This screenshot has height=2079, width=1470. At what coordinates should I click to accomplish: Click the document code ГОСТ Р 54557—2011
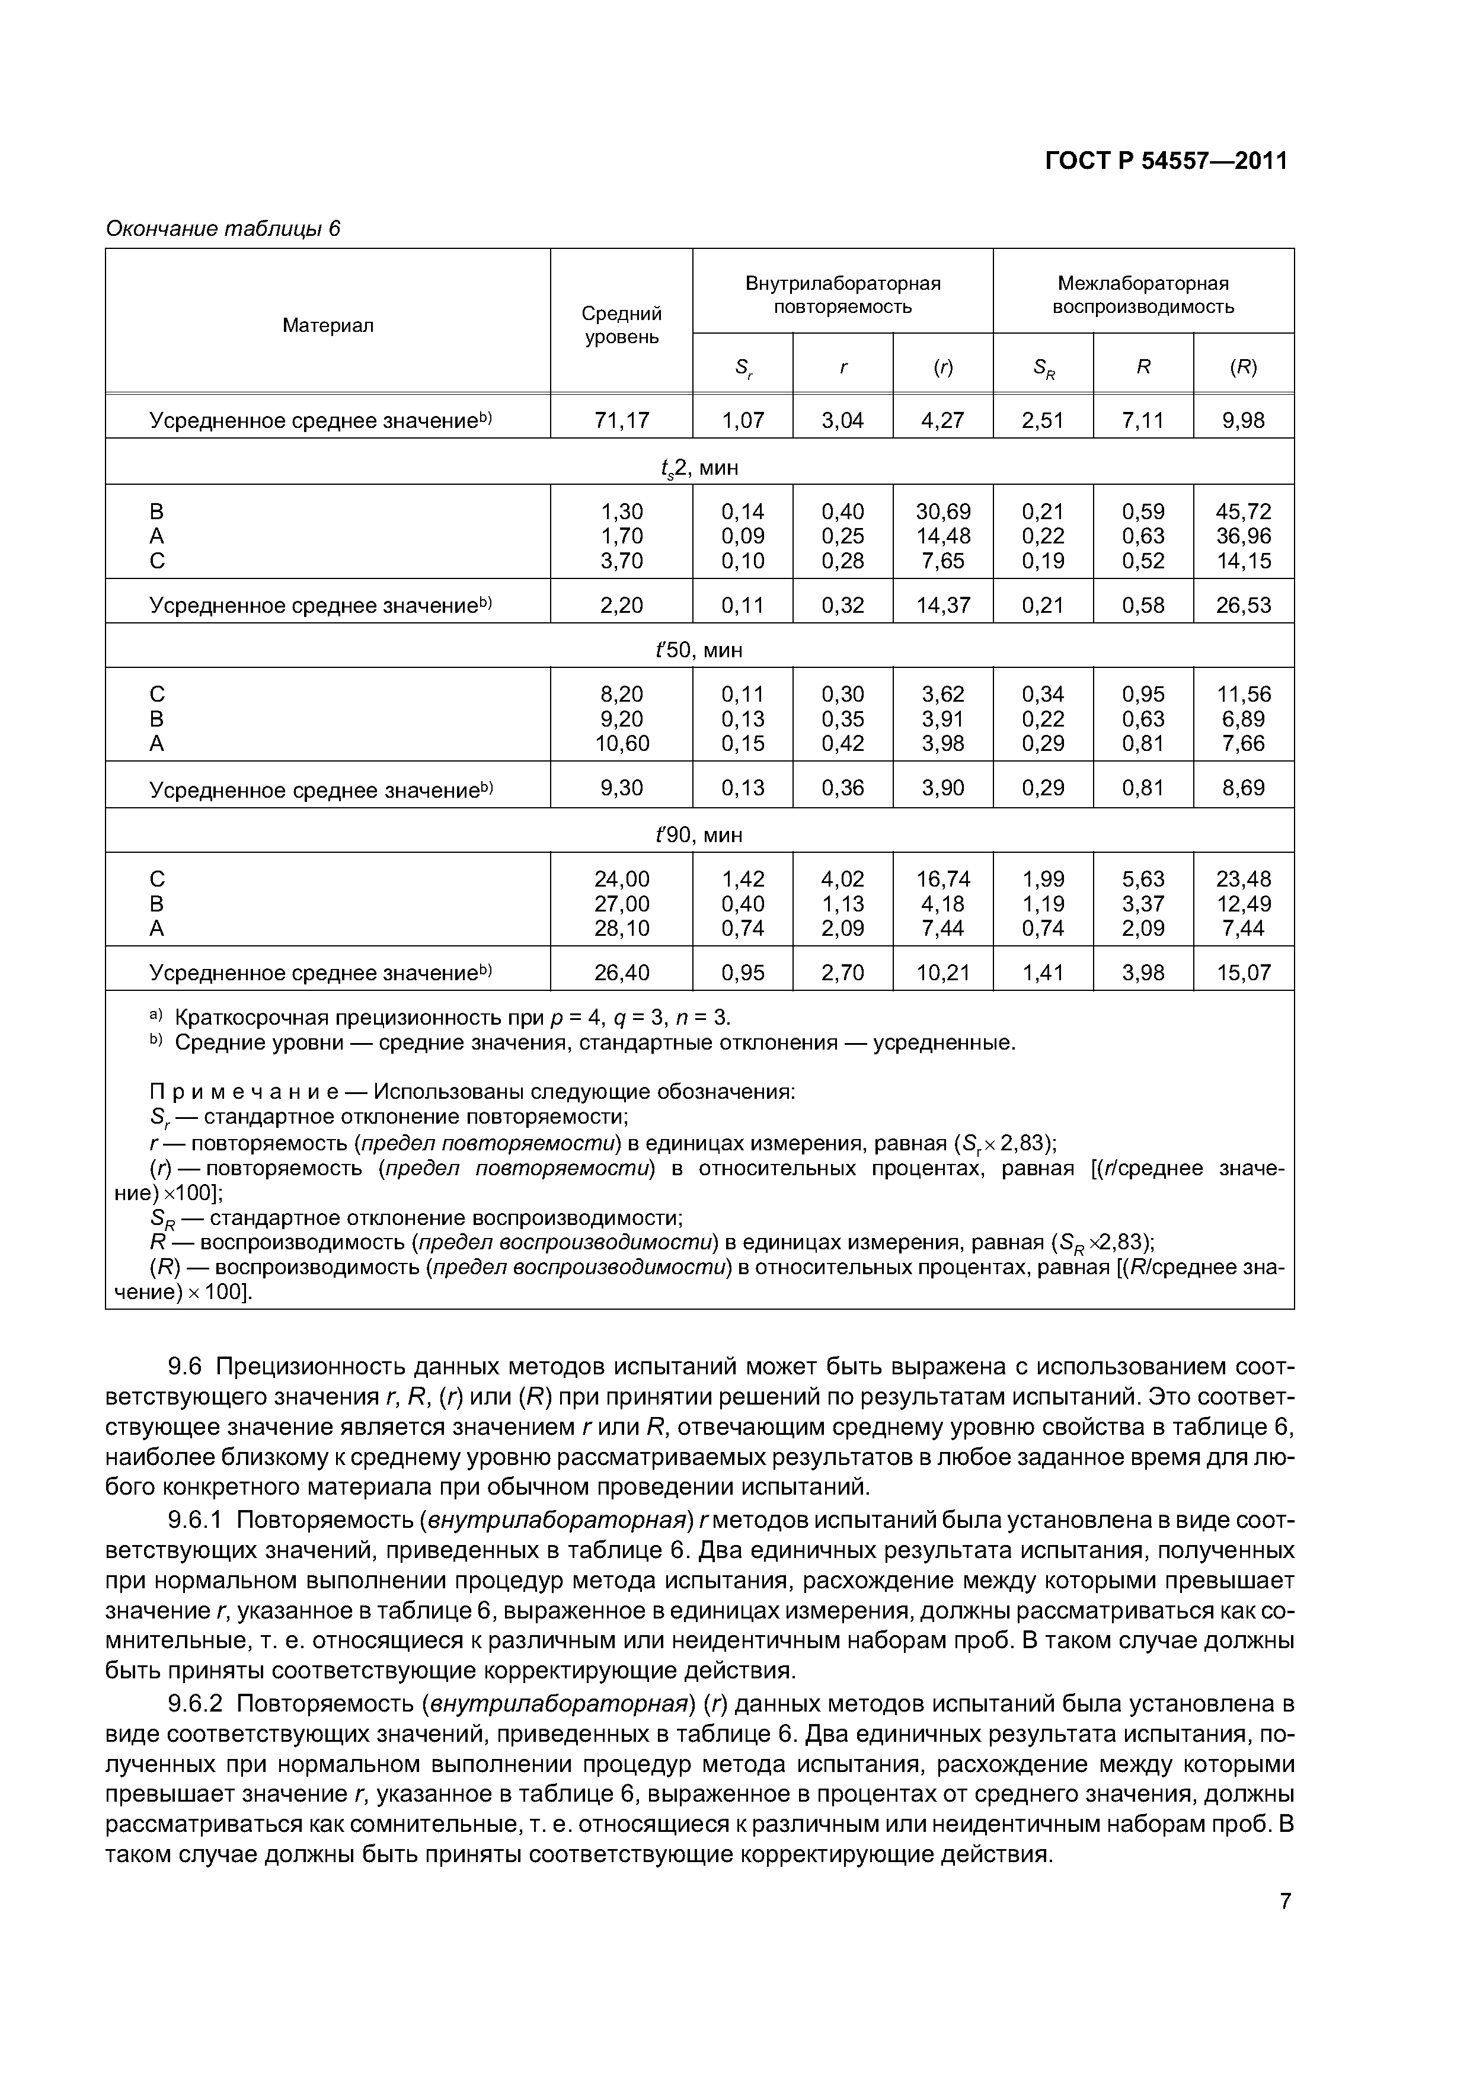click(x=1166, y=161)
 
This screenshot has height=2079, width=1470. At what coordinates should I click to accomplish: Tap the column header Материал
click(x=328, y=325)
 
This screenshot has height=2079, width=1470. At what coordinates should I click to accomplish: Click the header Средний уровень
click(x=621, y=325)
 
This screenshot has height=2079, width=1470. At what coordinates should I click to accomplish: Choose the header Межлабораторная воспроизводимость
click(x=1142, y=295)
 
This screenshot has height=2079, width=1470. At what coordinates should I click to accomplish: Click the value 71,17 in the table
click(x=621, y=420)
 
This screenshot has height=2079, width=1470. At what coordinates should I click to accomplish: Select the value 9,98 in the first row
click(x=1242, y=420)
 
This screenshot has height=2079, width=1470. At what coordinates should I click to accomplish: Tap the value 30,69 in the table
click(x=943, y=511)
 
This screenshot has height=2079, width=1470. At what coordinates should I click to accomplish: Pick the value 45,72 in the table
click(x=1242, y=511)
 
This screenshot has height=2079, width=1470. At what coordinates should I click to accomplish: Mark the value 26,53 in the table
click(x=1242, y=605)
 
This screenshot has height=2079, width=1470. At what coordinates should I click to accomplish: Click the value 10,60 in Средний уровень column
click(x=621, y=743)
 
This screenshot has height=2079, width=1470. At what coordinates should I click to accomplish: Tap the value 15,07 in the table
click(x=1242, y=973)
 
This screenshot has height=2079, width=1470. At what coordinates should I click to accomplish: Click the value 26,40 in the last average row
click(x=621, y=973)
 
